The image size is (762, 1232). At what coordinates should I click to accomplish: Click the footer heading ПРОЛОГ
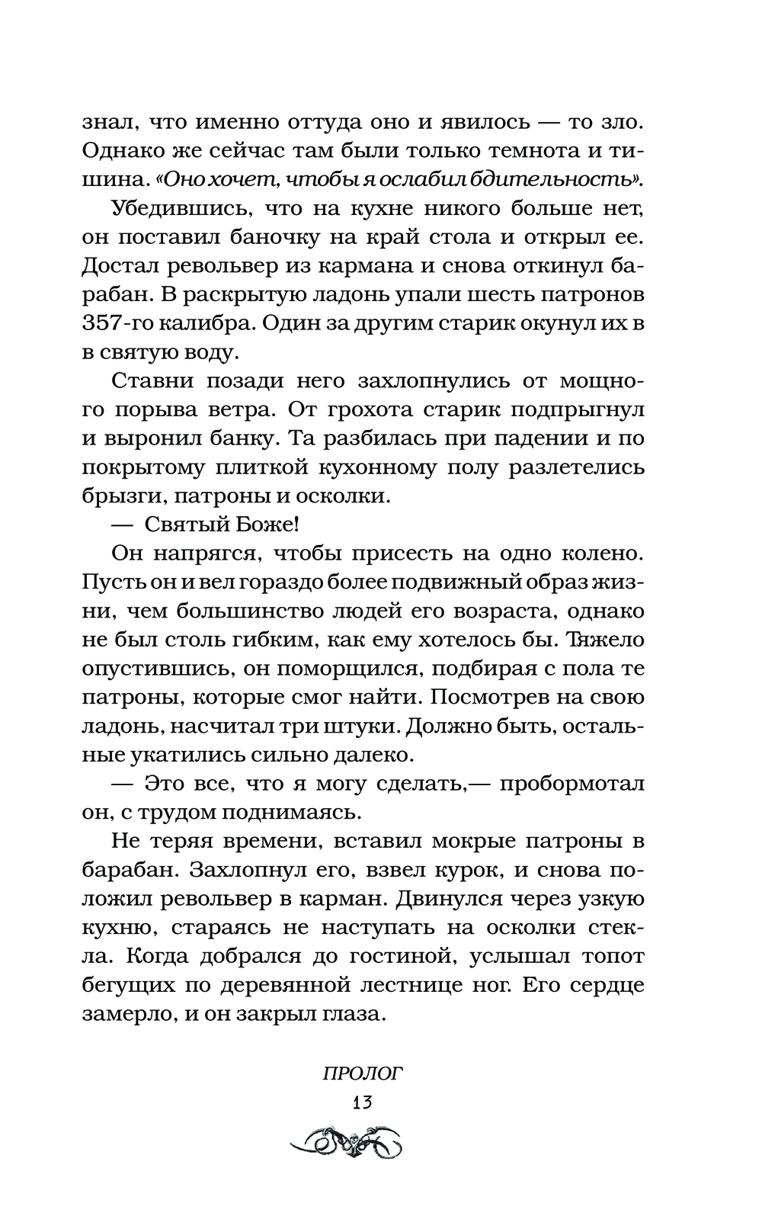coord(362,1073)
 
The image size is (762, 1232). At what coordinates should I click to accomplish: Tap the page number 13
coord(362,1102)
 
